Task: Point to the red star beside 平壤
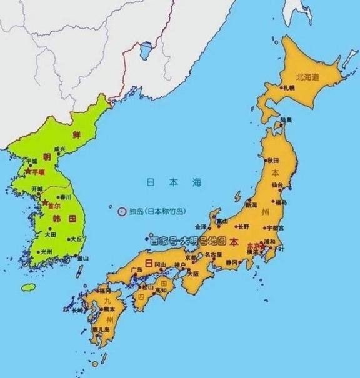tap(27, 170)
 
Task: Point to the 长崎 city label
tap(77, 310)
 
